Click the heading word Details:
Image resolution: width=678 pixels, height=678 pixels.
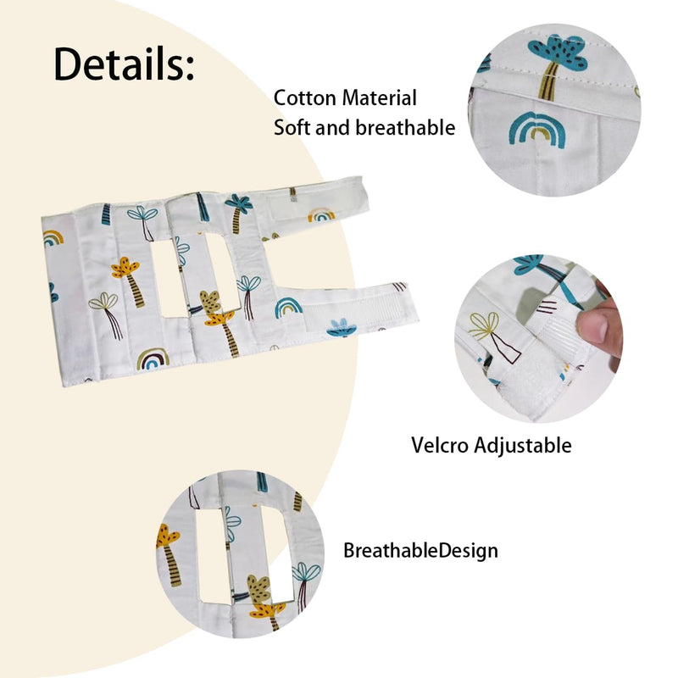point(125,64)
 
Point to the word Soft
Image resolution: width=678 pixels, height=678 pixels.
point(292,128)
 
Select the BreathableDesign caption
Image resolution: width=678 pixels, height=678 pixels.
point(420,551)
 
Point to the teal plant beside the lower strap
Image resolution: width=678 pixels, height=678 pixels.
point(341,327)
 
